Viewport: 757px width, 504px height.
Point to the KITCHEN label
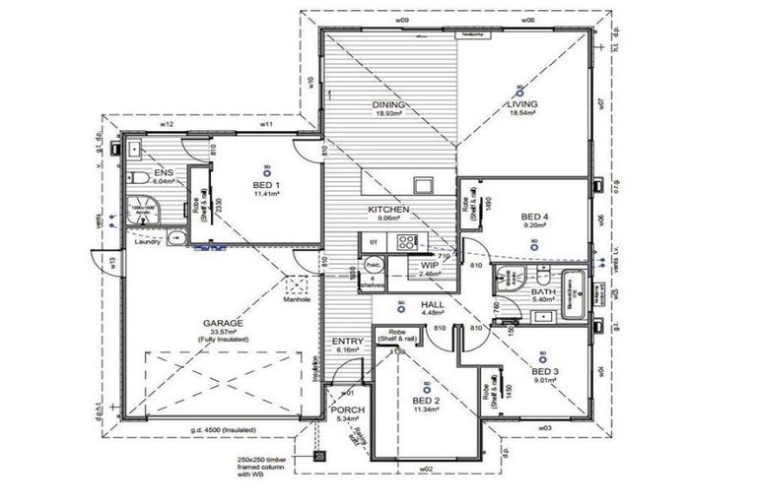click(x=388, y=211)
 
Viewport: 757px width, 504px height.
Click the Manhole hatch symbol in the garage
click(x=297, y=286)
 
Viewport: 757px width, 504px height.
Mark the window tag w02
click(x=426, y=470)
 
